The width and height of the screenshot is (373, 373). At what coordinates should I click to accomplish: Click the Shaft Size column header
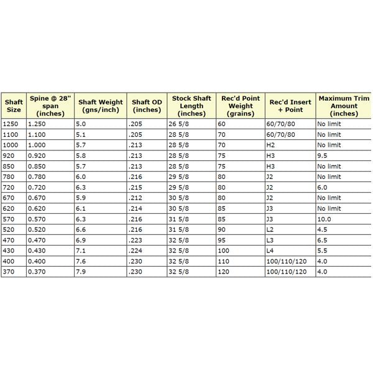[14, 106]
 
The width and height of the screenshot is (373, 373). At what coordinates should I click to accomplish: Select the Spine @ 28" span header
[51, 106]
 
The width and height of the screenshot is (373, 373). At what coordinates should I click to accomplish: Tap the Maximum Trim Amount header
[343, 106]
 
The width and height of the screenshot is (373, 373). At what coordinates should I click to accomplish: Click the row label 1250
[11, 124]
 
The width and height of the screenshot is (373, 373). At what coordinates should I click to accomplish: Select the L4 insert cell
[270, 251]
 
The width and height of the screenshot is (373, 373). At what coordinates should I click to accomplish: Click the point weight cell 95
[223, 240]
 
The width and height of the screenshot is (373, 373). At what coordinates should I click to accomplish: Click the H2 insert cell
[270, 145]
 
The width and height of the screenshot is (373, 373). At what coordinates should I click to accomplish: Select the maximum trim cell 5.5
[322, 251]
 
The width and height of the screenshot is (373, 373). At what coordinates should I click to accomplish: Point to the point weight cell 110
[224, 261]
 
